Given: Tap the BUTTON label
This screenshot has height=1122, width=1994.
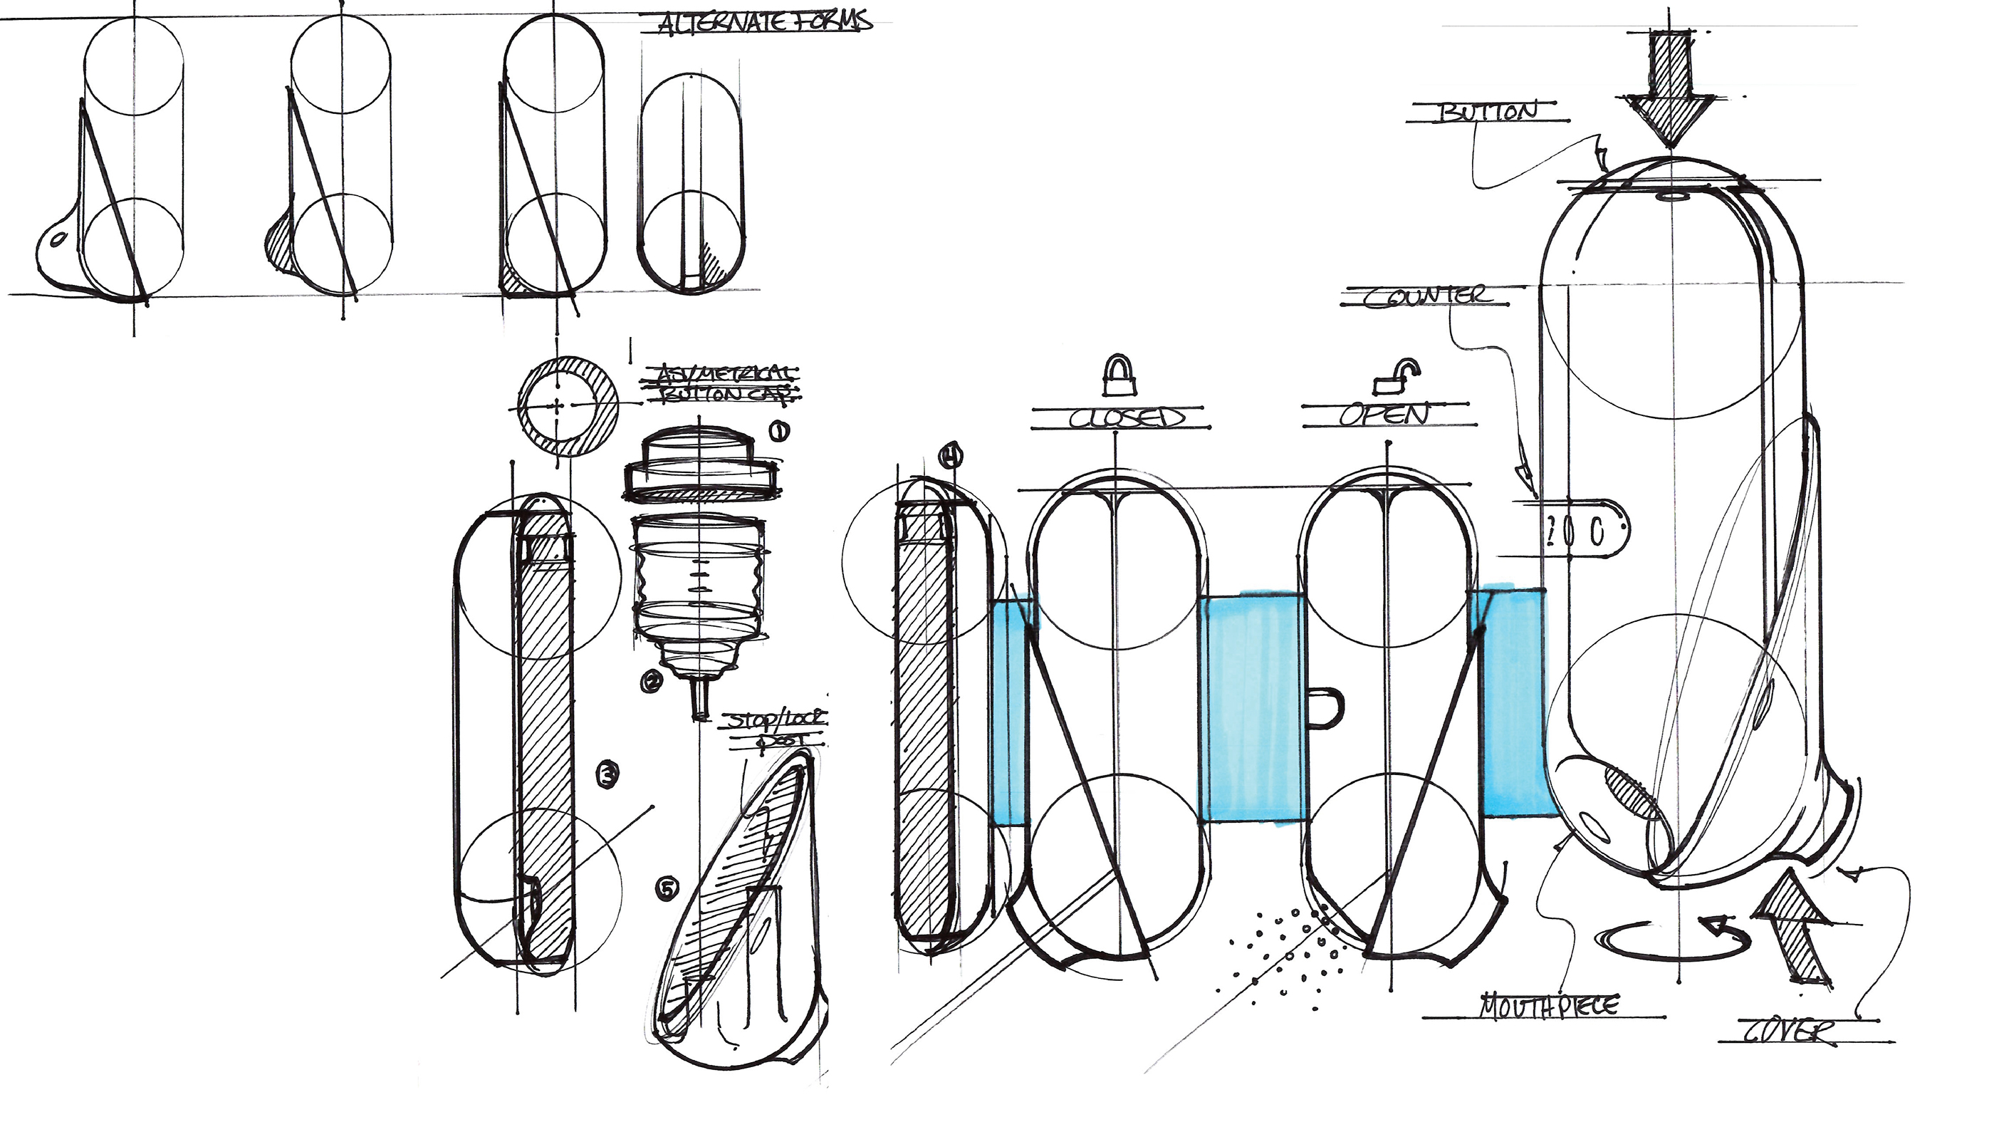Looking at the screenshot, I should tap(1487, 113).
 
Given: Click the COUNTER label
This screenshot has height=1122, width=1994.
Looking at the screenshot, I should tap(1425, 296).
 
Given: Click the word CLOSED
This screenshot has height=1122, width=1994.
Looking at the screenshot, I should tap(1127, 418).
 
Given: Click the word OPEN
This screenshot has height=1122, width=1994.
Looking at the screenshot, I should tap(1385, 415).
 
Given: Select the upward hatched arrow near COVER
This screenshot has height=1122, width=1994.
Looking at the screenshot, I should tap(1792, 925).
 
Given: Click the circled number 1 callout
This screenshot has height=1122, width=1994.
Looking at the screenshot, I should tap(778, 431).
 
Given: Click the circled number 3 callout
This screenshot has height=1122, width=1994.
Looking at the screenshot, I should tap(608, 774).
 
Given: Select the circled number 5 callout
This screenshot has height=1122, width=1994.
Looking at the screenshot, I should tap(667, 889).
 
